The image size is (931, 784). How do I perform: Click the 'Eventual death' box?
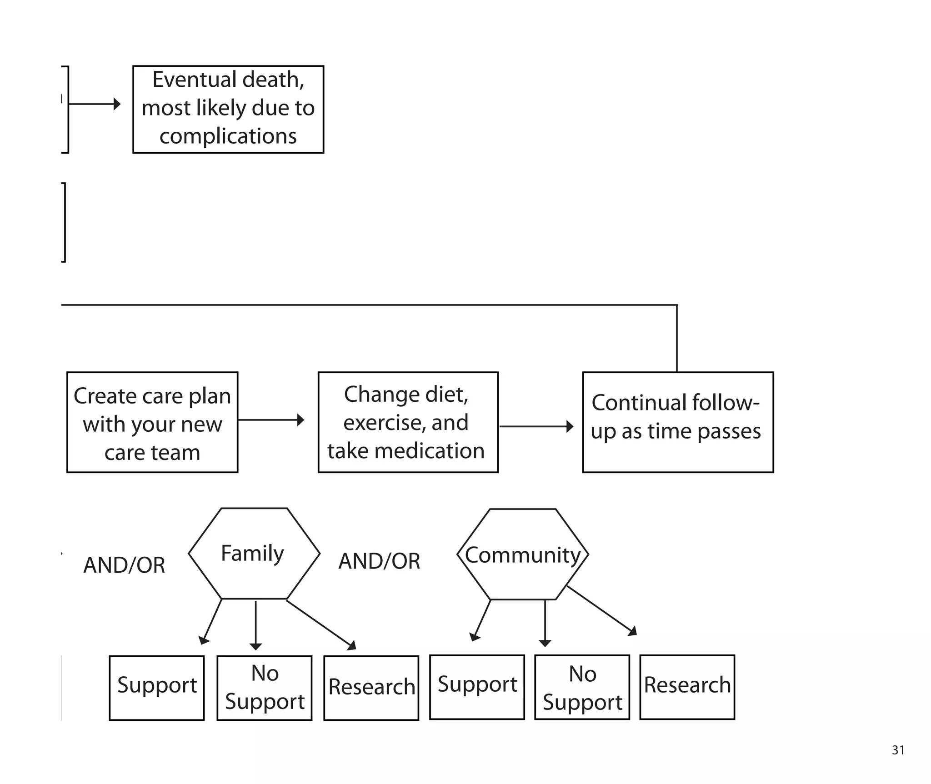pos(228,109)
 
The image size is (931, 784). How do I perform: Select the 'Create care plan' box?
pos(152,422)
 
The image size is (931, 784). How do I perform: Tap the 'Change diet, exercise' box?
pos(408,422)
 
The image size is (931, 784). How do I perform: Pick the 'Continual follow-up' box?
pos(677,422)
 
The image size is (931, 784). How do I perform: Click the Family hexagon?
pos(254,553)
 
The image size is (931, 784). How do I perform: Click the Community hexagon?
pos(523,554)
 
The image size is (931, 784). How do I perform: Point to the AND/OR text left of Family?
pos(124,565)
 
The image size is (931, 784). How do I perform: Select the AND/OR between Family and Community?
pos(379,561)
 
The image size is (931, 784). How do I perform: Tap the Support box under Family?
pos(157,687)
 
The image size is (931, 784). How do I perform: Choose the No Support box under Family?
pos(265,687)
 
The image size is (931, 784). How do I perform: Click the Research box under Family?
pos(371,687)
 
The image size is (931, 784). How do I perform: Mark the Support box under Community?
pos(477,686)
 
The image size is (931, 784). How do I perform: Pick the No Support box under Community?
pos(582,686)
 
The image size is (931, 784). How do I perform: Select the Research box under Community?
pos(687,686)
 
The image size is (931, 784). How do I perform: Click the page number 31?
pos(898,750)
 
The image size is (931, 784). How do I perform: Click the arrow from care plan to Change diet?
pos(271,419)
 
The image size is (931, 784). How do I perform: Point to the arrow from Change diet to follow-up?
pos(536,426)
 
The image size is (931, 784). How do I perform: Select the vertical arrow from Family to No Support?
pos(256,625)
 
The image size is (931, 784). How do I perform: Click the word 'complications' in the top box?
pos(228,136)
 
